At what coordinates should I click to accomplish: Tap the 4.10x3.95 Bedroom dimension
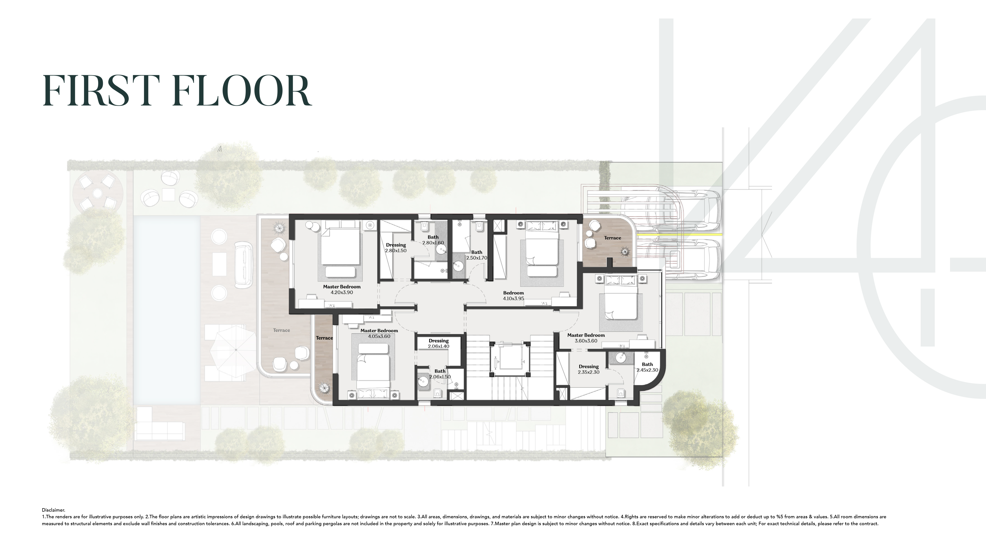tap(513, 298)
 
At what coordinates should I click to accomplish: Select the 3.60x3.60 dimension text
tap(586, 341)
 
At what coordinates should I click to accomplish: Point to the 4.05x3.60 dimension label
tap(379, 336)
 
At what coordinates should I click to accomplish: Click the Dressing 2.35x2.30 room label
tap(588, 369)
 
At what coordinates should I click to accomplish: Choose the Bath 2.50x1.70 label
tap(476, 255)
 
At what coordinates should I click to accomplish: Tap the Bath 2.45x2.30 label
tap(647, 367)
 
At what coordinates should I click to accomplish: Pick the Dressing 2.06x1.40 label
tap(439, 343)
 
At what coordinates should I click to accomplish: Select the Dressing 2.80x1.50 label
tap(396, 248)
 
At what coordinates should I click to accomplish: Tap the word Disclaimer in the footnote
tap(53, 510)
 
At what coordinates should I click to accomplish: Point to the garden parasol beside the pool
tap(236, 349)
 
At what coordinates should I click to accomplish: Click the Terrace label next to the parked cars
tap(612, 238)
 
